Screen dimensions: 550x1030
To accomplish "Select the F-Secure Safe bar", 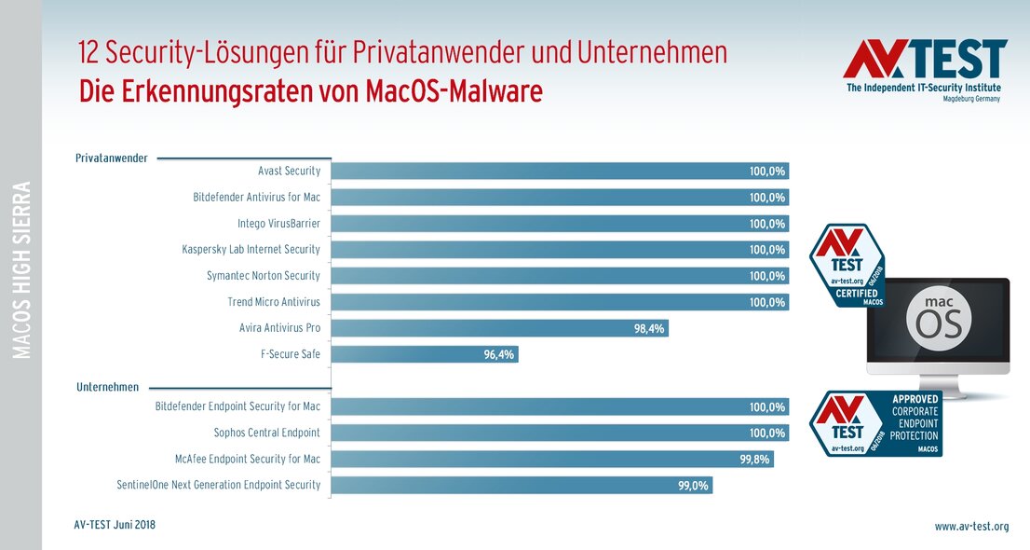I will pos(425,354).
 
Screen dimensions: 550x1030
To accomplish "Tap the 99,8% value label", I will pos(754,459).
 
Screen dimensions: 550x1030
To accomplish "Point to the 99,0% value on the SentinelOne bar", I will pos(693,485).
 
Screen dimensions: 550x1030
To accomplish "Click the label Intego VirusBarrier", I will pos(278,224).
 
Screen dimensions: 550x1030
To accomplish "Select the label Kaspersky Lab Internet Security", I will pos(251,250).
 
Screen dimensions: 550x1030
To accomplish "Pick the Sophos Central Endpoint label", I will pos(266,433).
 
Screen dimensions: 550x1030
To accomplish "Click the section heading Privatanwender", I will pos(111,158).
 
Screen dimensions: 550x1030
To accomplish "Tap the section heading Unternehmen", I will pos(107,387).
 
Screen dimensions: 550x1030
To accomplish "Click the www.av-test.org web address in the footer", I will pos(971,527).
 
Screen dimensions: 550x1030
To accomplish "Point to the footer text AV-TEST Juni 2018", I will pos(115,525).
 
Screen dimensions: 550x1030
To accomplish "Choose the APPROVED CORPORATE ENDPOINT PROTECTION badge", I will pos(875,423).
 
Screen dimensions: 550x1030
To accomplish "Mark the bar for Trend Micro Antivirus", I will pos(560,302).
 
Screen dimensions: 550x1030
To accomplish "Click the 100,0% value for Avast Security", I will pos(768,172).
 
